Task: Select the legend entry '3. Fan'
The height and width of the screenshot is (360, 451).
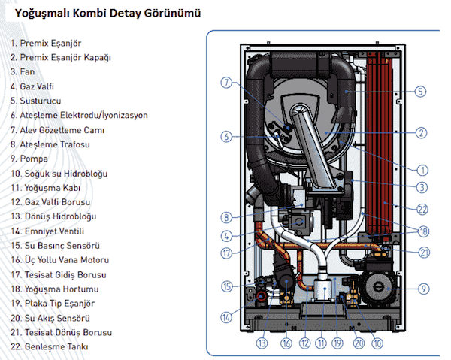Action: (x=24, y=72)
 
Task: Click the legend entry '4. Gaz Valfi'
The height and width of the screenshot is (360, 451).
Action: (x=36, y=86)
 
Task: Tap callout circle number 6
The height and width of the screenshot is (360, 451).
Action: (x=225, y=136)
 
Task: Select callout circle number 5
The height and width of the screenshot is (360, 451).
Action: (x=421, y=92)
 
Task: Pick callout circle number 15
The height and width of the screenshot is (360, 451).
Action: (x=226, y=286)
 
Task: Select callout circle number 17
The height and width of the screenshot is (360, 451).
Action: (x=226, y=253)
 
